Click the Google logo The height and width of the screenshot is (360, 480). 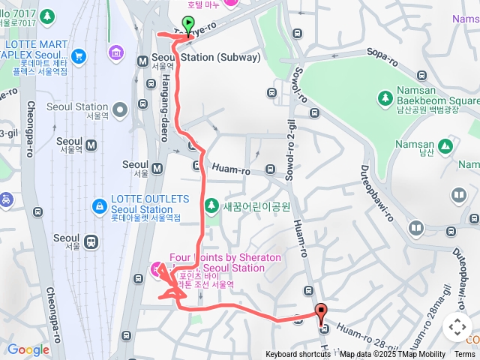click(x=28, y=349)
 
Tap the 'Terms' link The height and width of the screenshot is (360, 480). click(x=465, y=354)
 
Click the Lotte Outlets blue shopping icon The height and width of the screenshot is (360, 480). click(x=98, y=205)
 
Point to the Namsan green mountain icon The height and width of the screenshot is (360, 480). click(x=445, y=145)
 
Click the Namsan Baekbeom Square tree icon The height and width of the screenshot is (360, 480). click(x=385, y=97)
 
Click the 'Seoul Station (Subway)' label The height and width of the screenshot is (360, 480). click(x=206, y=57)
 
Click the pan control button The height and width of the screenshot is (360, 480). click(x=457, y=327)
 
